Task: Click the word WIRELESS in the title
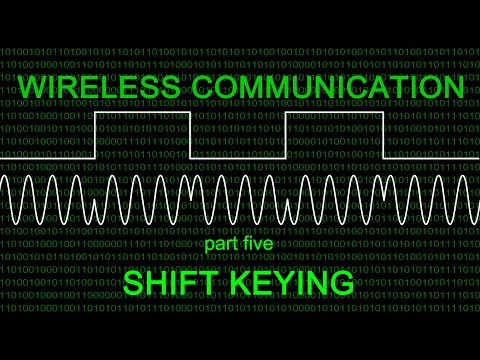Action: [x=85, y=87]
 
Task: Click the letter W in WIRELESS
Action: [x=31, y=87]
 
